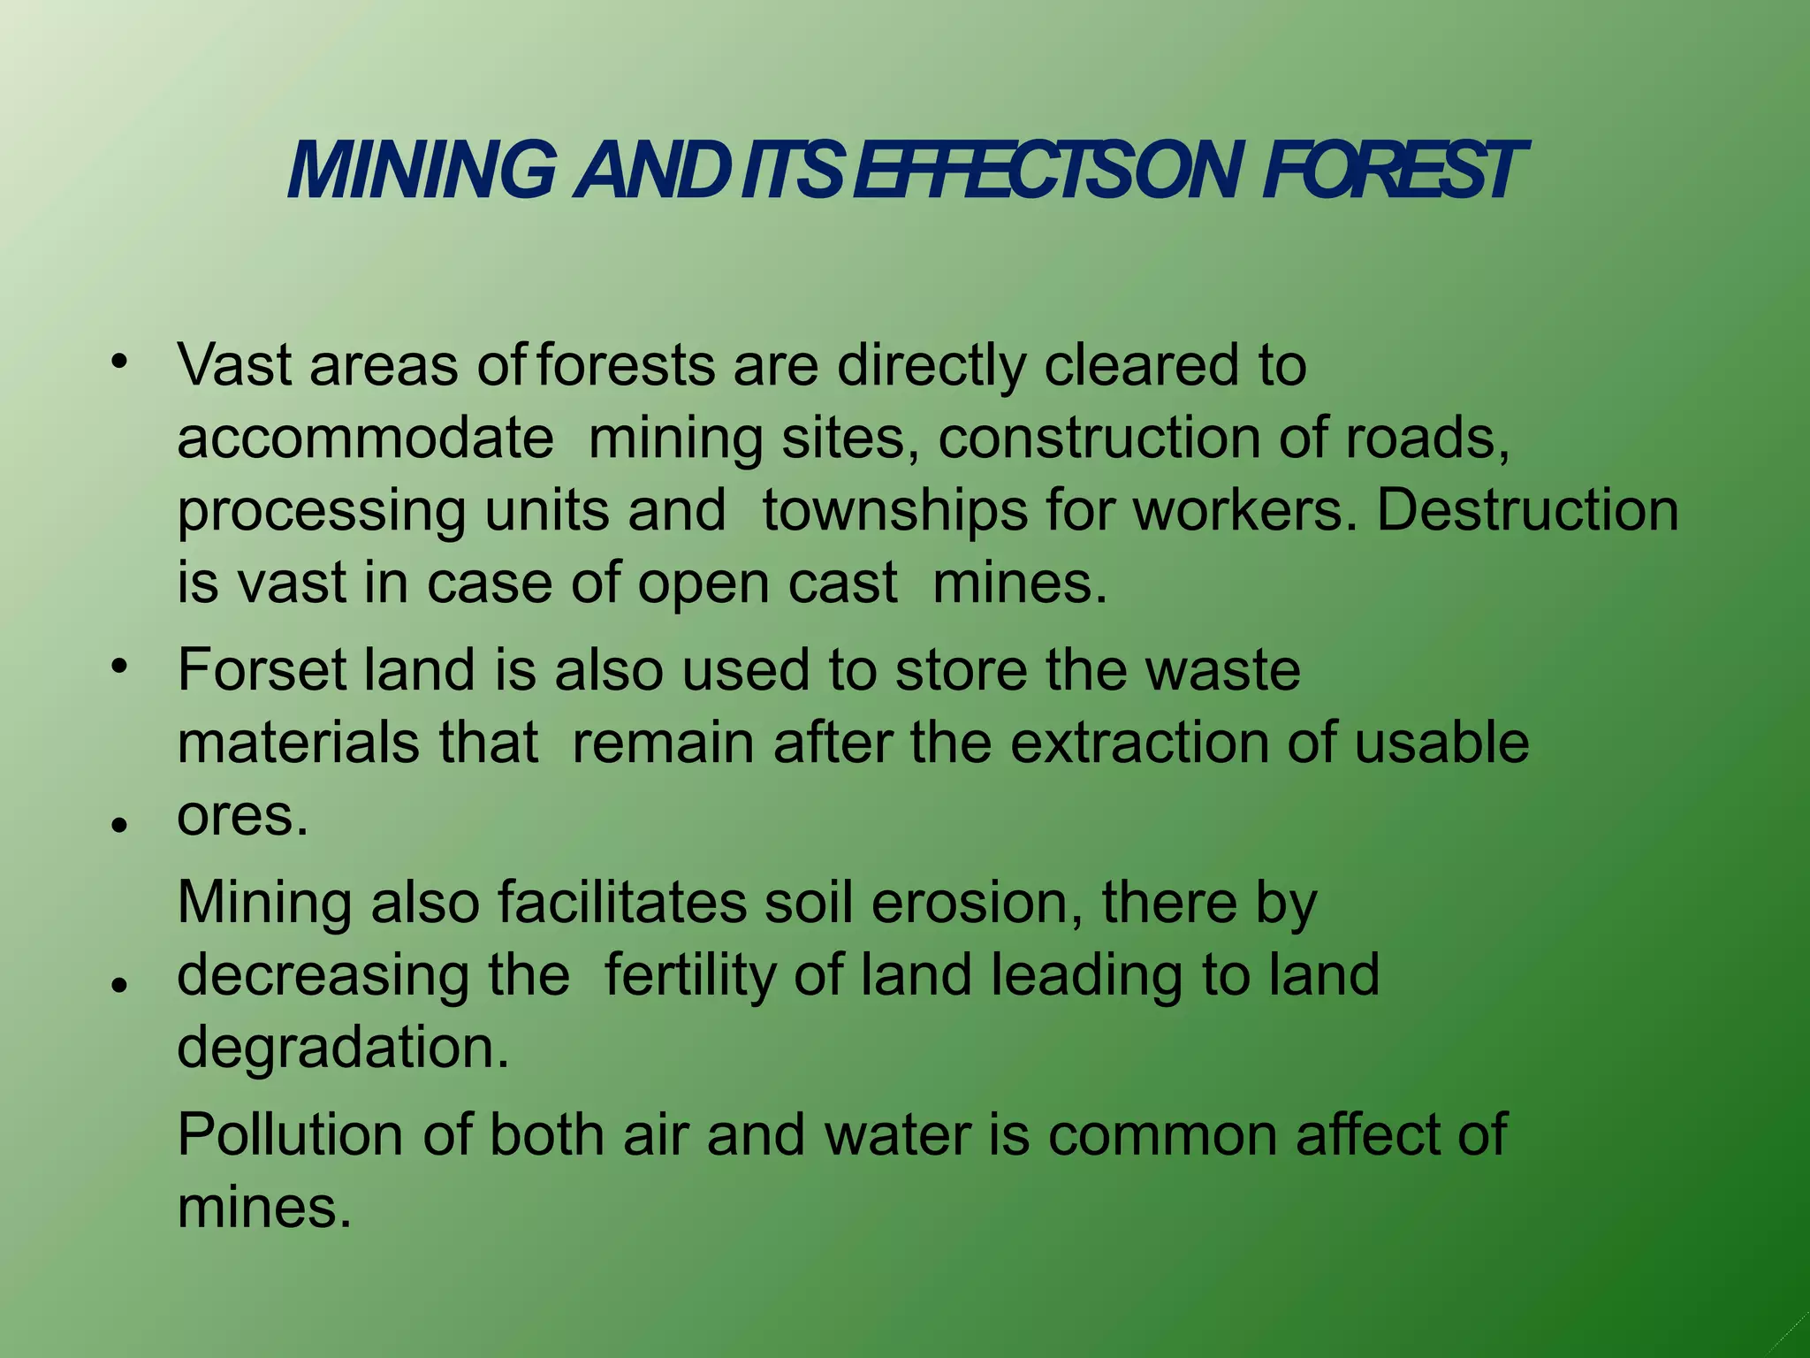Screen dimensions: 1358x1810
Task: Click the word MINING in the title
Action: [x=422, y=171]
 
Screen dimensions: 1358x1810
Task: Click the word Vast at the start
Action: [x=234, y=364]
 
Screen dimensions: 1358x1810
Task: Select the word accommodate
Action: [x=365, y=438]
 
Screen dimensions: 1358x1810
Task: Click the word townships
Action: [x=894, y=511]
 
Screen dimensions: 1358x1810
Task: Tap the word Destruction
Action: [x=1527, y=511]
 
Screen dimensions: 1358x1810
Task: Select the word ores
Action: [x=241, y=815]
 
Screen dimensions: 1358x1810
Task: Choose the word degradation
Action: [x=343, y=1048]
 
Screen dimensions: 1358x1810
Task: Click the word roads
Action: [x=1426, y=438]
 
